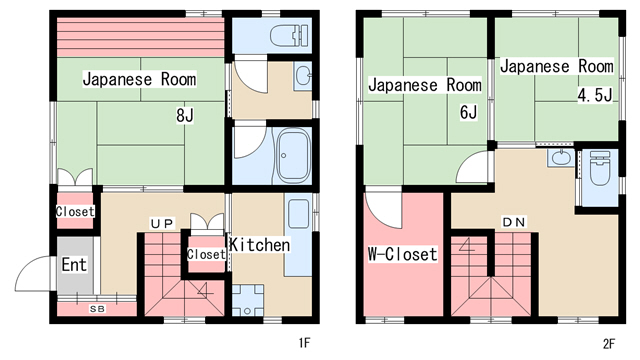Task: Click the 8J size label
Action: [184, 116]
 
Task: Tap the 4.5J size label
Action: [595, 95]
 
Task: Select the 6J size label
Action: [468, 112]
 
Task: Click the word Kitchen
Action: [260, 244]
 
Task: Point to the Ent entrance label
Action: [74, 264]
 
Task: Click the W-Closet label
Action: [402, 254]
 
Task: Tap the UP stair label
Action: [162, 224]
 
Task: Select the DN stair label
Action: [513, 222]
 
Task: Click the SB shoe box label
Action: [97, 309]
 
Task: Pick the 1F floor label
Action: [304, 343]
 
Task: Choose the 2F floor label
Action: [608, 344]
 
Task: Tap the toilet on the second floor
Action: [600, 169]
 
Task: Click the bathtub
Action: [293, 156]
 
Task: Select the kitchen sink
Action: [298, 214]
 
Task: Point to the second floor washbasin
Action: [560, 158]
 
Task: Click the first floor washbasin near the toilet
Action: [302, 76]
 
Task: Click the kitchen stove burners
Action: [247, 300]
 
